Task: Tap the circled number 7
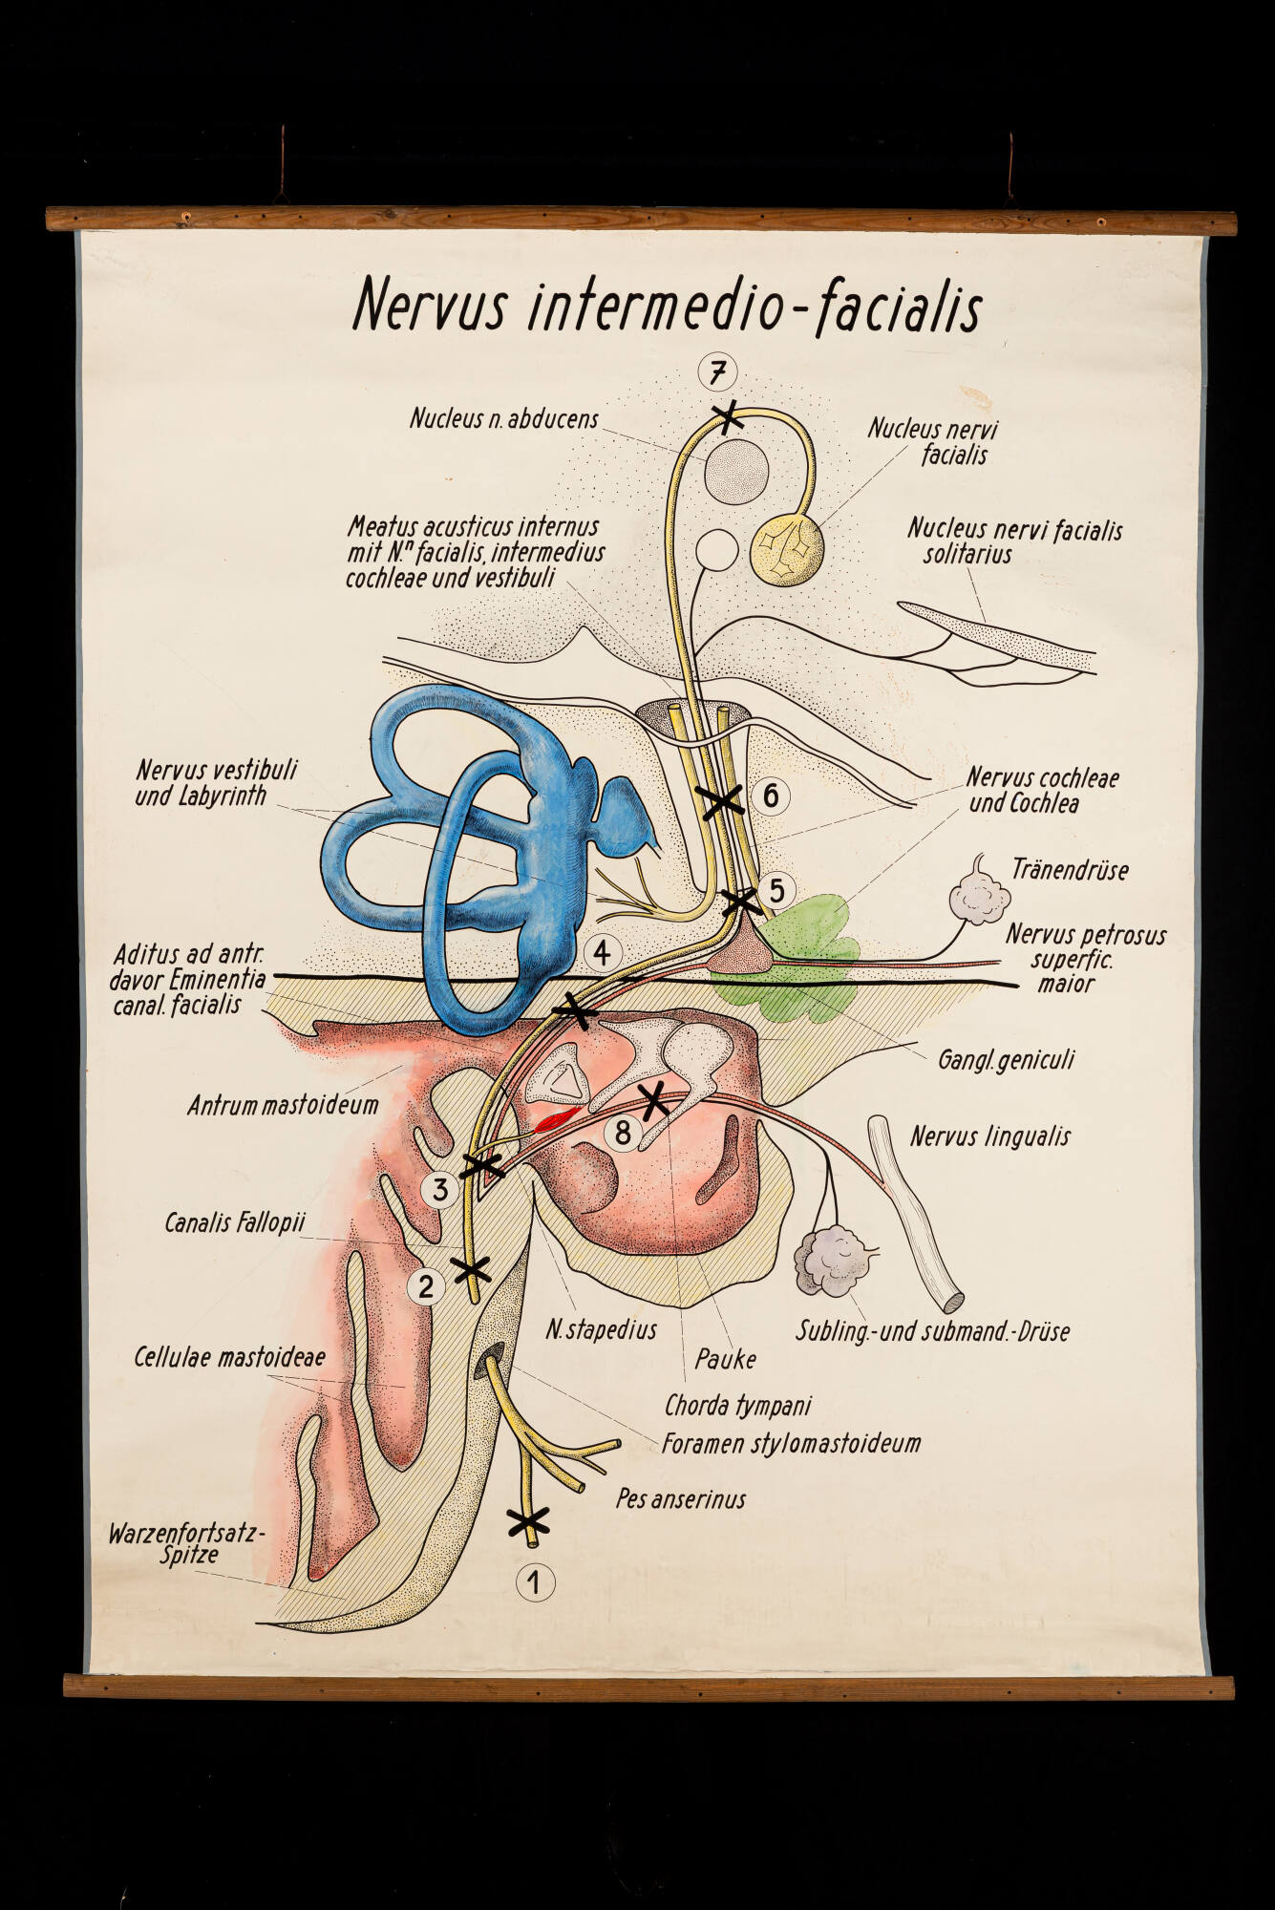click(717, 372)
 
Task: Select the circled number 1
click(534, 1582)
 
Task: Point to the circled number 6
click(770, 795)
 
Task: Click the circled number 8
click(623, 1133)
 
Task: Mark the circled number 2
click(426, 1286)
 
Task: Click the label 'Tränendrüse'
click(1070, 870)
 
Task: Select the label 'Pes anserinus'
click(680, 1498)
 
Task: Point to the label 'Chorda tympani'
click(737, 1406)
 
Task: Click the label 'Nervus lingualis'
click(989, 1136)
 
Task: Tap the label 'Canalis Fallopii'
click(235, 1223)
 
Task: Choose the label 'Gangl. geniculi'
click(1006, 1059)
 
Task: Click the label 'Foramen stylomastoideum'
click(791, 1443)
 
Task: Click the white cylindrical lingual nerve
click(913, 1213)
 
